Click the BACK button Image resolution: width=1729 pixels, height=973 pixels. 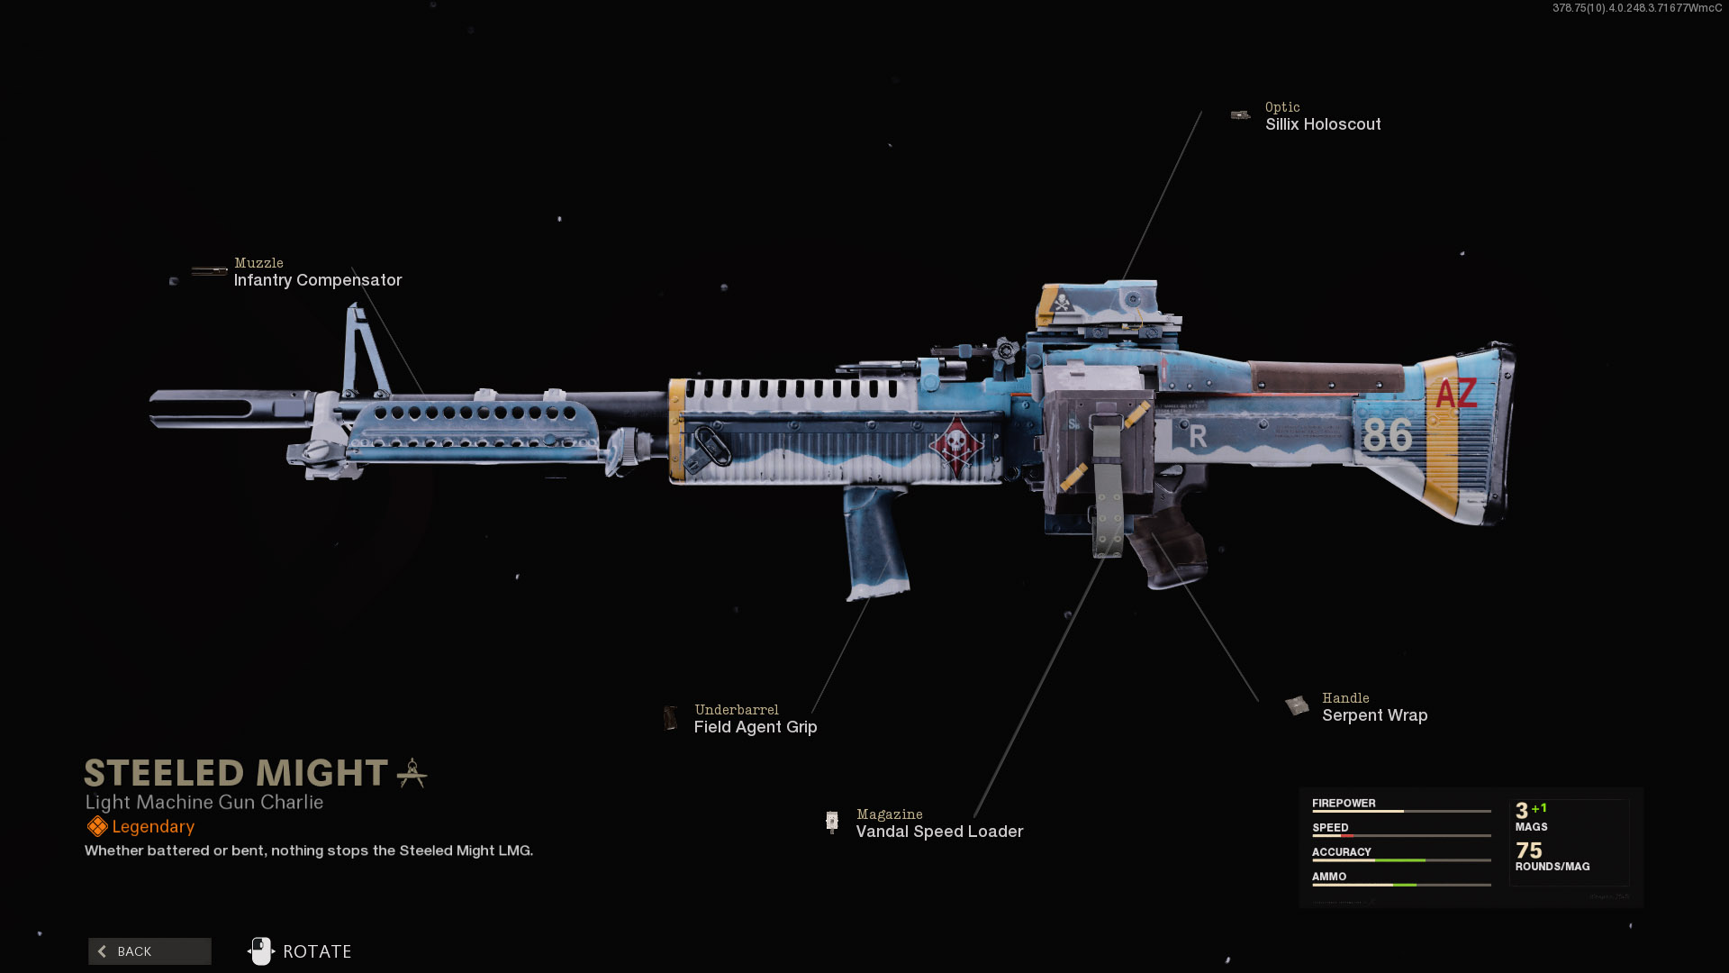click(149, 951)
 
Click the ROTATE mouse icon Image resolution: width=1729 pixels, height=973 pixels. click(261, 951)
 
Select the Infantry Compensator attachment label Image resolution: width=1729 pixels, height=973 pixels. click(318, 280)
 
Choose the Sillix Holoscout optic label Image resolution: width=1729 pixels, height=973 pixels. click(1323, 124)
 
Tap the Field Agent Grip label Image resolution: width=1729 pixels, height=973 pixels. click(756, 727)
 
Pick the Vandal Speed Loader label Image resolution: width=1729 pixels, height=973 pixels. click(939, 832)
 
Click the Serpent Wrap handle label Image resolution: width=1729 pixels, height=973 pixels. click(1375, 715)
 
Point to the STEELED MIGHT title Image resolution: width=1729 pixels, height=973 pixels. click(236, 773)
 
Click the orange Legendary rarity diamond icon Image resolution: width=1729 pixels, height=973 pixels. click(97, 826)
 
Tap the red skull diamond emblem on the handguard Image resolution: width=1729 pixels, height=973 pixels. click(955, 443)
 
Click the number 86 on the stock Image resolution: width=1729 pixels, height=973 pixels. click(1387, 435)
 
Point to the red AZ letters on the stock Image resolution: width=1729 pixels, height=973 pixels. click(1456, 394)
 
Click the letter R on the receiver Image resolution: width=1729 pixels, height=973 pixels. click(1198, 437)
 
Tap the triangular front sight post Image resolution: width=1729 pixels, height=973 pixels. click(365, 351)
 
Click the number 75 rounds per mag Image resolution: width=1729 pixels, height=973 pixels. click(1529, 850)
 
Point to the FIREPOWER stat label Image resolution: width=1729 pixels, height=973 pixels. click(1344, 803)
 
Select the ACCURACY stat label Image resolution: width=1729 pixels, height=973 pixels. click(1342, 851)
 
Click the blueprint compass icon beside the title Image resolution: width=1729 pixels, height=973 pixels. click(412, 773)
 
